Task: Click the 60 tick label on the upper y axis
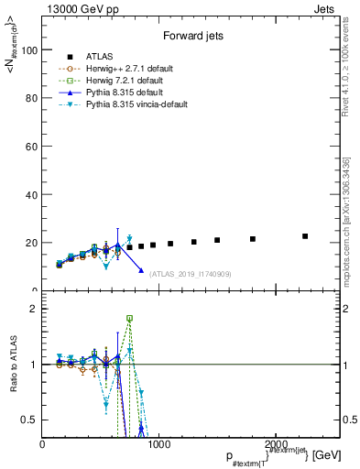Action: pos(32,147)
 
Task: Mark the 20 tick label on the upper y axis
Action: pos(32,243)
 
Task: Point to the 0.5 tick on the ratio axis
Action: pos(30,420)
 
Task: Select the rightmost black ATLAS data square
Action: pos(305,236)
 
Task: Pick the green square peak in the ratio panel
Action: pos(129,319)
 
